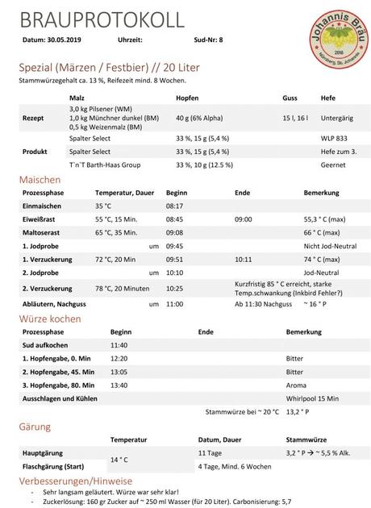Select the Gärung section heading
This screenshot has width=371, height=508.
(x=35, y=426)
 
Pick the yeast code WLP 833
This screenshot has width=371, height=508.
(x=333, y=138)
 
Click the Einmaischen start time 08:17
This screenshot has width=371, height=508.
(x=175, y=206)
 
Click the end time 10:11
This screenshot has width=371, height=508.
(x=243, y=260)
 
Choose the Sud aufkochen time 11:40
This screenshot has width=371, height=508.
(x=119, y=344)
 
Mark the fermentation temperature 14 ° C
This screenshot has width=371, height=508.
(x=120, y=459)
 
